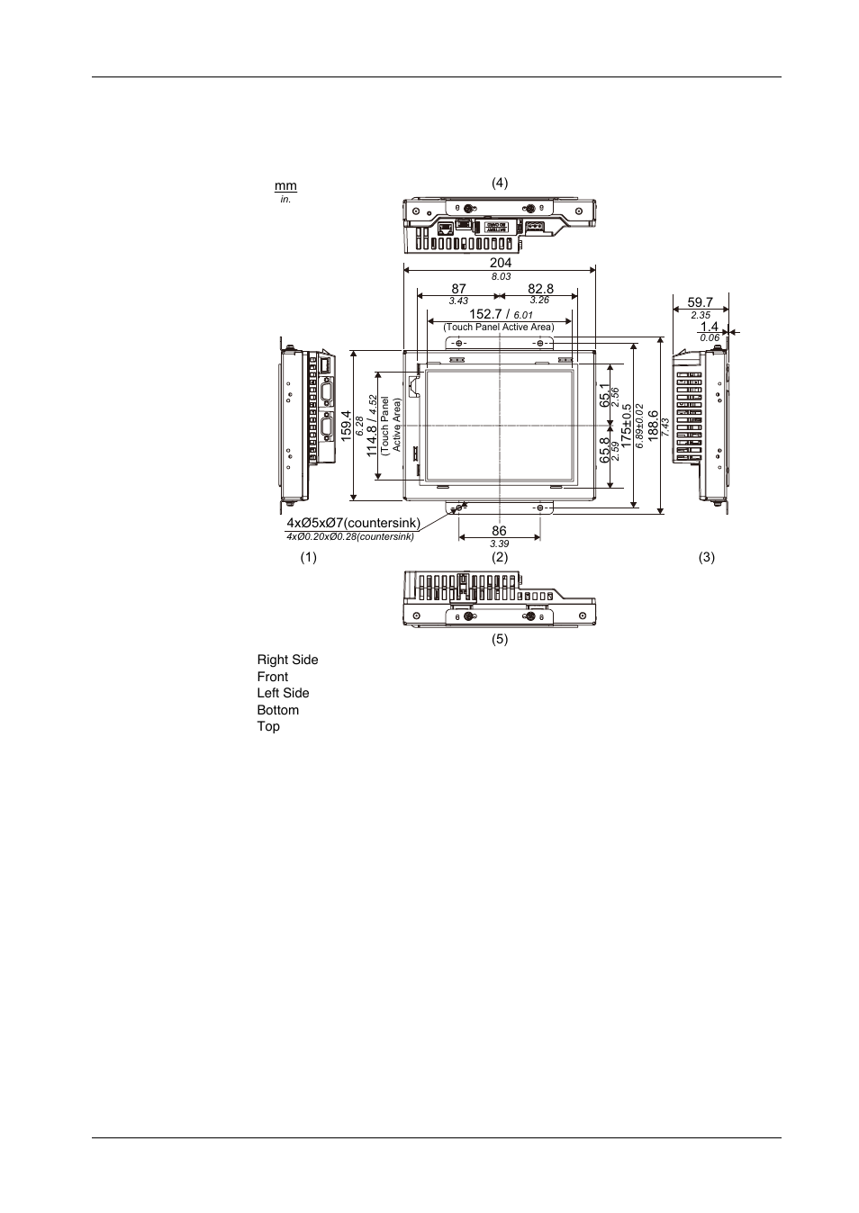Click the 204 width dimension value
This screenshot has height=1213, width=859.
[500, 263]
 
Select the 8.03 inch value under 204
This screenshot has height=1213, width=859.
[501, 276]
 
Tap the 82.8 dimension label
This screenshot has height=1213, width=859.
[540, 289]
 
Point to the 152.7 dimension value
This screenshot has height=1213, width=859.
[486, 314]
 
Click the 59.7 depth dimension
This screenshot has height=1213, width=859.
[700, 303]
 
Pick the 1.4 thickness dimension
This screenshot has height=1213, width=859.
[710, 327]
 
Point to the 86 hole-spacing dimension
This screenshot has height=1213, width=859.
[499, 532]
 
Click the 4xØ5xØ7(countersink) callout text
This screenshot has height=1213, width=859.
[353, 523]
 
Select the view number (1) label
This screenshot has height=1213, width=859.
[309, 557]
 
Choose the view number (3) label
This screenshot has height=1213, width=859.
[707, 557]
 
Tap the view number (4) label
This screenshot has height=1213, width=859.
[500, 183]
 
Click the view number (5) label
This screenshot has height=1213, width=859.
[500, 640]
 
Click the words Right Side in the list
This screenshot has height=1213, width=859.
[287, 660]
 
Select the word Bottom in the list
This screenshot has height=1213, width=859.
[277, 710]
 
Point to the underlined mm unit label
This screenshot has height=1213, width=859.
[285, 186]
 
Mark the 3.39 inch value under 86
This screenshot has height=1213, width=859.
[500, 544]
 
